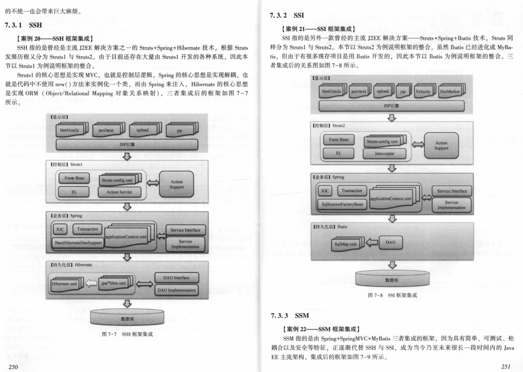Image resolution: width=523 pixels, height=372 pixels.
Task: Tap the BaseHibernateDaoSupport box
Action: pos(78,242)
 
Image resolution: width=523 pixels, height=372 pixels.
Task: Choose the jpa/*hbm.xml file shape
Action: pos(112,283)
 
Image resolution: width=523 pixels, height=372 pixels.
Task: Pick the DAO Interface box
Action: pos(176,277)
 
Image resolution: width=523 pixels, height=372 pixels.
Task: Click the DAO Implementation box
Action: pos(176,290)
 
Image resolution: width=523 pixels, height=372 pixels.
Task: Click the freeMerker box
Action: pos(450,91)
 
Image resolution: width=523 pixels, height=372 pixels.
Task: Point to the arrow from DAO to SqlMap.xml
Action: pos(372,243)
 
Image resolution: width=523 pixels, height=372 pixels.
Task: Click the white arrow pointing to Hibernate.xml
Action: pos(91,284)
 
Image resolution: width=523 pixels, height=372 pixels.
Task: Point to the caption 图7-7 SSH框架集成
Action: pos(127,334)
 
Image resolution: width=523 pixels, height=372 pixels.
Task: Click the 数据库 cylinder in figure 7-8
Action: pos(392,280)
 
